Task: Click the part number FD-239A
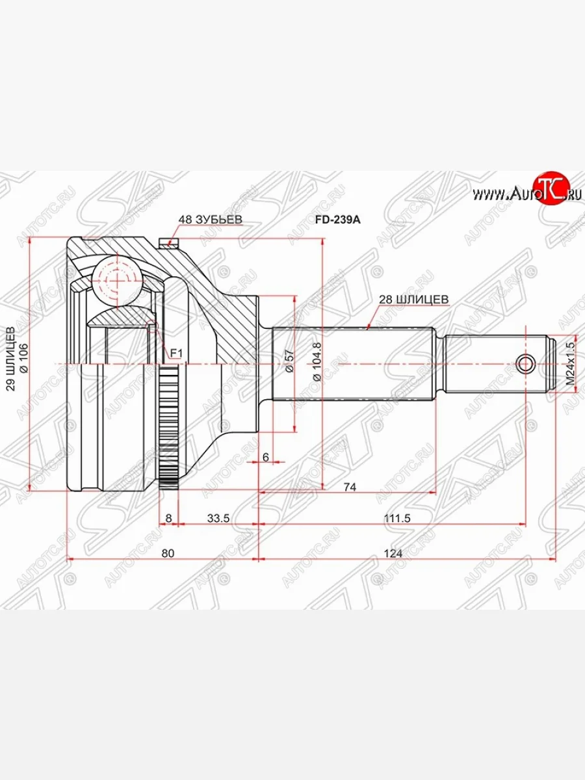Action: [x=337, y=220]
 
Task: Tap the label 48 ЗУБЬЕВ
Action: [x=210, y=220]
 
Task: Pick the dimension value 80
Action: [x=167, y=553]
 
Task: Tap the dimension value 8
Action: [x=169, y=518]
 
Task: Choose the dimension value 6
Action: [x=265, y=457]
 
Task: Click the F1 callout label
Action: [x=175, y=353]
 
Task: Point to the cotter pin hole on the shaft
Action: [x=526, y=364]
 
